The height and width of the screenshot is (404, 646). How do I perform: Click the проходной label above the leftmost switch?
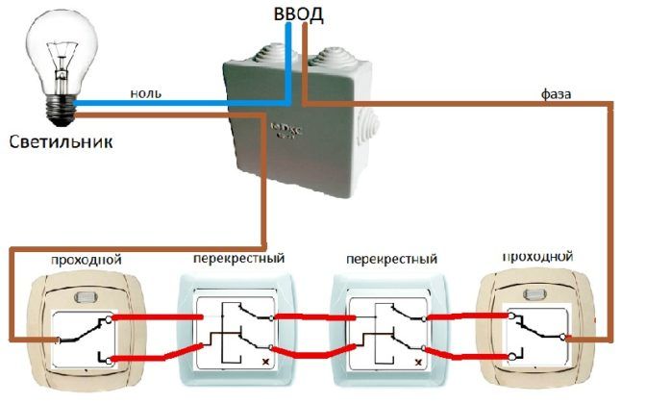coord(87,260)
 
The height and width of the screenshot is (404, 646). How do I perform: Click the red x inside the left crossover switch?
coord(265,363)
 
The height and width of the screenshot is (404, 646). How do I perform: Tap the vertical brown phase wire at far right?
coord(611,221)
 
